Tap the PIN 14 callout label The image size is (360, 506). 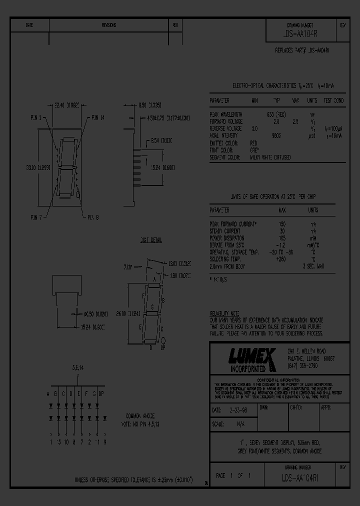(98, 118)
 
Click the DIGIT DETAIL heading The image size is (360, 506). (150, 240)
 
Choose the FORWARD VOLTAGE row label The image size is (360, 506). (226, 121)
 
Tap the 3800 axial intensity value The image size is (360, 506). (275, 135)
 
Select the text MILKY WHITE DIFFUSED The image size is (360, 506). (270, 157)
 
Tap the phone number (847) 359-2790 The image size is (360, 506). (303, 366)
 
